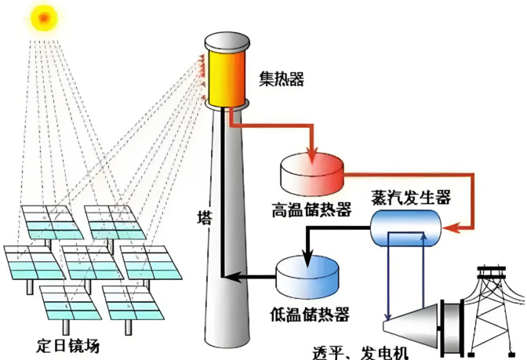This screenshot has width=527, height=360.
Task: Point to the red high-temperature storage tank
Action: click(312, 174)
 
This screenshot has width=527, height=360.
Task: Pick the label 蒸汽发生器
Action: click(410, 198)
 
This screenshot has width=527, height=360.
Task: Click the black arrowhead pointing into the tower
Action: click(225, 275)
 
